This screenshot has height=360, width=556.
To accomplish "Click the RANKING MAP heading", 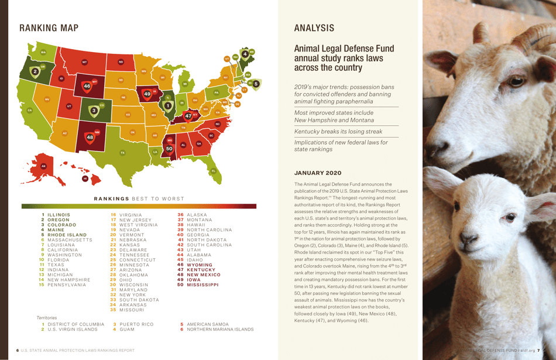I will point(49,28).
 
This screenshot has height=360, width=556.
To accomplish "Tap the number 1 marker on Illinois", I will point(168,105).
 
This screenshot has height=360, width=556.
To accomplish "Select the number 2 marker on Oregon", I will point(35,71).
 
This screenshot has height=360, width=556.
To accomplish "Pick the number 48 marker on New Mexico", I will point(90,138).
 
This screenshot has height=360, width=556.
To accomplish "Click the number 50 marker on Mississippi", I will point(169,149).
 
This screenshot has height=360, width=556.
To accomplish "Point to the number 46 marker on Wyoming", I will point(87,86).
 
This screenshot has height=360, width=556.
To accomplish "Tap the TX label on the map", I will point(122,153).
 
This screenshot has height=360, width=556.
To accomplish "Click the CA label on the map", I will point(29,110).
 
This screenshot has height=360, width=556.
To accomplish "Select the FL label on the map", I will point(214,170).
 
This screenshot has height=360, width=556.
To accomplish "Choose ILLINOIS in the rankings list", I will point(59,215).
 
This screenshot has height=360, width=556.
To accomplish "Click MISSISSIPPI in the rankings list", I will point(203,284).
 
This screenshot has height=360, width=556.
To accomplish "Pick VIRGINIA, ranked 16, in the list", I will point(131,215).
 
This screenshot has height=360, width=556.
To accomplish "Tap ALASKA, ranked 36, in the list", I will point(197,215).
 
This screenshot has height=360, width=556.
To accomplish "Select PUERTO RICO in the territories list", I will point(136,324).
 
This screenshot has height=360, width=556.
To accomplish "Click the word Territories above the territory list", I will point(47,317).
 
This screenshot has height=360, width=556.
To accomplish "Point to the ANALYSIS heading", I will point(314,28).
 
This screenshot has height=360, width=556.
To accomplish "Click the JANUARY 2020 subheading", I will point(317,173).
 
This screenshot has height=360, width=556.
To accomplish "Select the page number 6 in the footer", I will point(18,350).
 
